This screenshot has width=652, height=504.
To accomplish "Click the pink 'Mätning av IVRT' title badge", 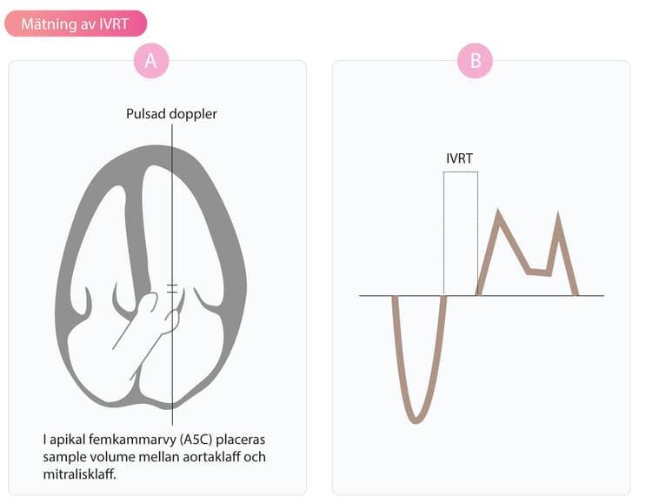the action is [76, 24].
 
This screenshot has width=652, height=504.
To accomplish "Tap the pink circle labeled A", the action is [151, 61].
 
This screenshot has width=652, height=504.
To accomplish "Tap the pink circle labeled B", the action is [475, 61].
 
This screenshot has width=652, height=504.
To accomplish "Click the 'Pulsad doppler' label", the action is [171, 114].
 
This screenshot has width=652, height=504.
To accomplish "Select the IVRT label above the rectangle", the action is [460, 158].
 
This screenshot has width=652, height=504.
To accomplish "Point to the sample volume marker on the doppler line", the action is [172, 289].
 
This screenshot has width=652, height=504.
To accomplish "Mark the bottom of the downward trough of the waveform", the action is [416, 421].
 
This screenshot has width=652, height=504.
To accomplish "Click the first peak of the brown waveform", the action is [498, 213].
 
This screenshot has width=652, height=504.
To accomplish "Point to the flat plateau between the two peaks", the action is [539, 272].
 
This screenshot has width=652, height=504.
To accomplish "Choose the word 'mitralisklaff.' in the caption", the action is [80, 474].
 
